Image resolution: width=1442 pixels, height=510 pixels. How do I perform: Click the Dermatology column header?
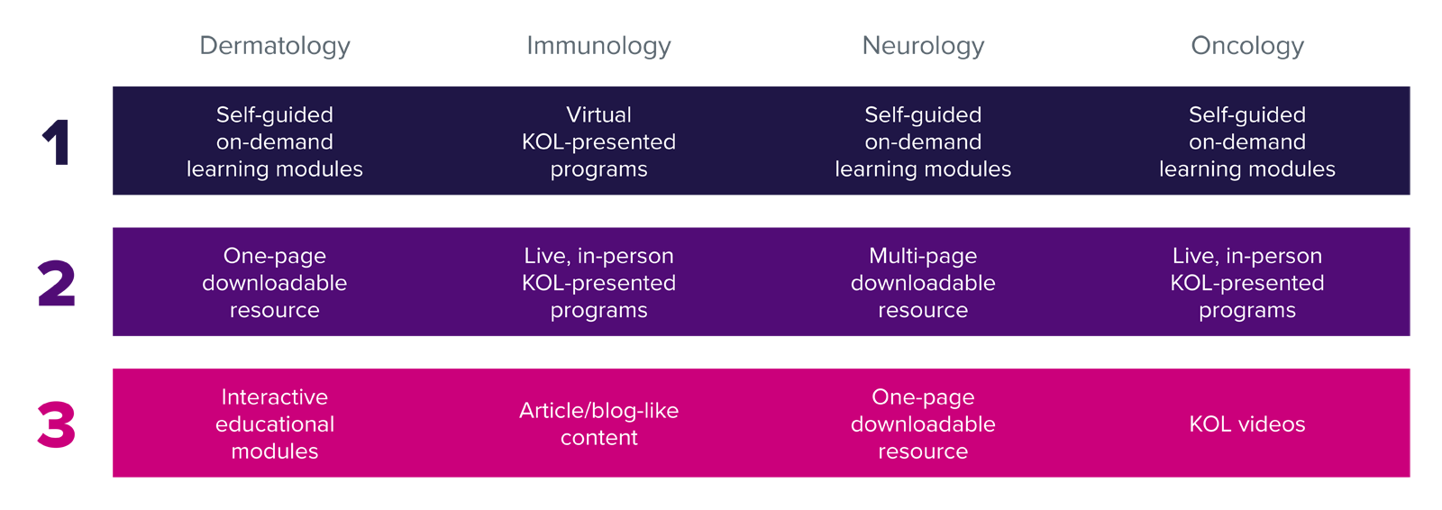tap(275, 46)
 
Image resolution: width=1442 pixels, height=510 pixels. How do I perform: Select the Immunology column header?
tap(598, 46)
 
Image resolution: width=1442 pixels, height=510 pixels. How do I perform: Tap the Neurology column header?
tap(923, 46)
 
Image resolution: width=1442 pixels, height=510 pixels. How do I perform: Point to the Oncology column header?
tap(1247, 46)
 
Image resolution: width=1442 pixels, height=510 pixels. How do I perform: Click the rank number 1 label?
tap(57, 142)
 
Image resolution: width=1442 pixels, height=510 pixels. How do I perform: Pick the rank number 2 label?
tap(57, 283)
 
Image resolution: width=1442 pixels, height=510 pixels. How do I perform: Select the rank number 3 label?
tap(57, 424)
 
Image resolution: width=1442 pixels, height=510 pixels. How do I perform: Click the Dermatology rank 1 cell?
tap(275, 141)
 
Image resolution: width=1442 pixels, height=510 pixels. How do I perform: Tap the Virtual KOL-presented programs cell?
tap(598, 141)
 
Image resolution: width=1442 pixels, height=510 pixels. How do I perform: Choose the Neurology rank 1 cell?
tap(923, 141)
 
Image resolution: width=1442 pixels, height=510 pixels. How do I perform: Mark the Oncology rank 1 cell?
tap(1247, 141)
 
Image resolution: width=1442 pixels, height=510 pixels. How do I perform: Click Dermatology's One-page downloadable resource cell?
tap(275, 283)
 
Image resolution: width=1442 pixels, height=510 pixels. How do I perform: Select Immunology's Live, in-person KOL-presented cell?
tap(598, 283)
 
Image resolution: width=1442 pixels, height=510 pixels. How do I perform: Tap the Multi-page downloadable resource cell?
tap(923, 283)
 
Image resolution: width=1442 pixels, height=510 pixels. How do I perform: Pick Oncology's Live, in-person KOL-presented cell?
tap(1247, 283)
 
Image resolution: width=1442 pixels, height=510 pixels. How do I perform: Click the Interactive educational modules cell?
tap(275, 423)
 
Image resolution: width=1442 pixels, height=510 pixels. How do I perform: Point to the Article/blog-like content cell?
tap(598, 423)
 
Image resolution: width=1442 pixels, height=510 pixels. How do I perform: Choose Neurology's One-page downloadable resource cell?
tap(923, 423)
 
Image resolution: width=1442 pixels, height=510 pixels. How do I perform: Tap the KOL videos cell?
tap(1247, 424)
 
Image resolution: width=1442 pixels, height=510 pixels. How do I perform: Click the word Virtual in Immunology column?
tap(598, 115)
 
